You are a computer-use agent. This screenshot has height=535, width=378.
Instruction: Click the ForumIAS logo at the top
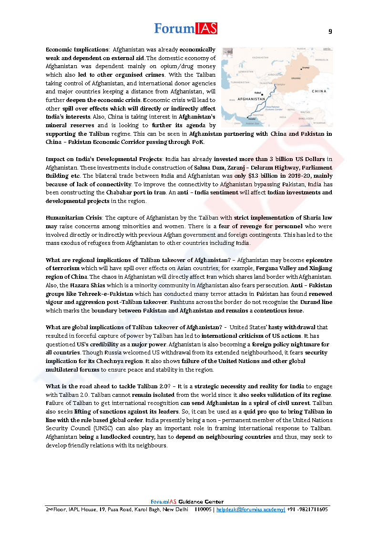pyautogui.click(x=185, y=29)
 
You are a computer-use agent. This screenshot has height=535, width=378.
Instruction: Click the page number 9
pyautogui.click(x=330, y=32)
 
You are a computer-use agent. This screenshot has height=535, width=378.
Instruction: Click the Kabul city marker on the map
pyautogui.click(x=262, y=94)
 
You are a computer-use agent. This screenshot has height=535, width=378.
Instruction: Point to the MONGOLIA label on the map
pyautogui.click(x=322, y=60)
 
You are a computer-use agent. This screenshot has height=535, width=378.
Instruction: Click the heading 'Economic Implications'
pyautogui.click(x=77, y=50)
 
